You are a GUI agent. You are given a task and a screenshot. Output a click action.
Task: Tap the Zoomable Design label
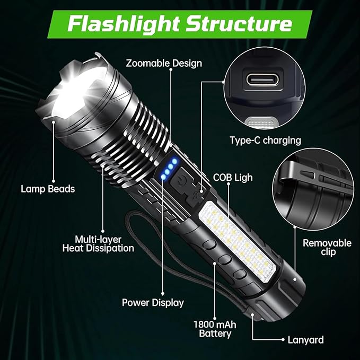(x=164, y=63)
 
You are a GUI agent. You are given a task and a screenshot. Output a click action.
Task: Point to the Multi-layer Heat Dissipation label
(x=98, y=243)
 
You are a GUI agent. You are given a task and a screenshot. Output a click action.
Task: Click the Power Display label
(x=153, y=303)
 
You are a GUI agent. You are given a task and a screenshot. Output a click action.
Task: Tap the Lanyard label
(x=305, y=340)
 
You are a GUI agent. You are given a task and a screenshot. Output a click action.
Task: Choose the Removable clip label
(x=327, y=247)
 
